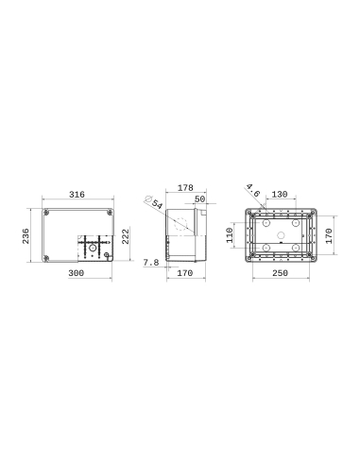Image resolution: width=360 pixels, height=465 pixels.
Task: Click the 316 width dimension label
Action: (77, 194)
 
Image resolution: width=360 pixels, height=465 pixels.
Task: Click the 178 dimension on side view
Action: (185, 190)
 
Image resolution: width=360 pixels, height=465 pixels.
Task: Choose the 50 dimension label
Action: (199, 199)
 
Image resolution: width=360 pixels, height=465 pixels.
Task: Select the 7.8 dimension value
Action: (151, 263)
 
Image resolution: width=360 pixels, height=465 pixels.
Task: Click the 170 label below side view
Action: (184, 274)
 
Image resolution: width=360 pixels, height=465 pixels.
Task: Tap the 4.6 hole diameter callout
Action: (252, 192)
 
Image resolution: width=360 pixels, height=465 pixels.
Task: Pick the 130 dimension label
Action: (280, 194)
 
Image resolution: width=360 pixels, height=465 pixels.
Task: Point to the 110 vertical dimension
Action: (230, 235)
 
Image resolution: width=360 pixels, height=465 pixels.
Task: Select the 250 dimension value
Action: (281, 274)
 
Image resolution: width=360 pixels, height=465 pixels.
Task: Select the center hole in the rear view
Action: (282, 236)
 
